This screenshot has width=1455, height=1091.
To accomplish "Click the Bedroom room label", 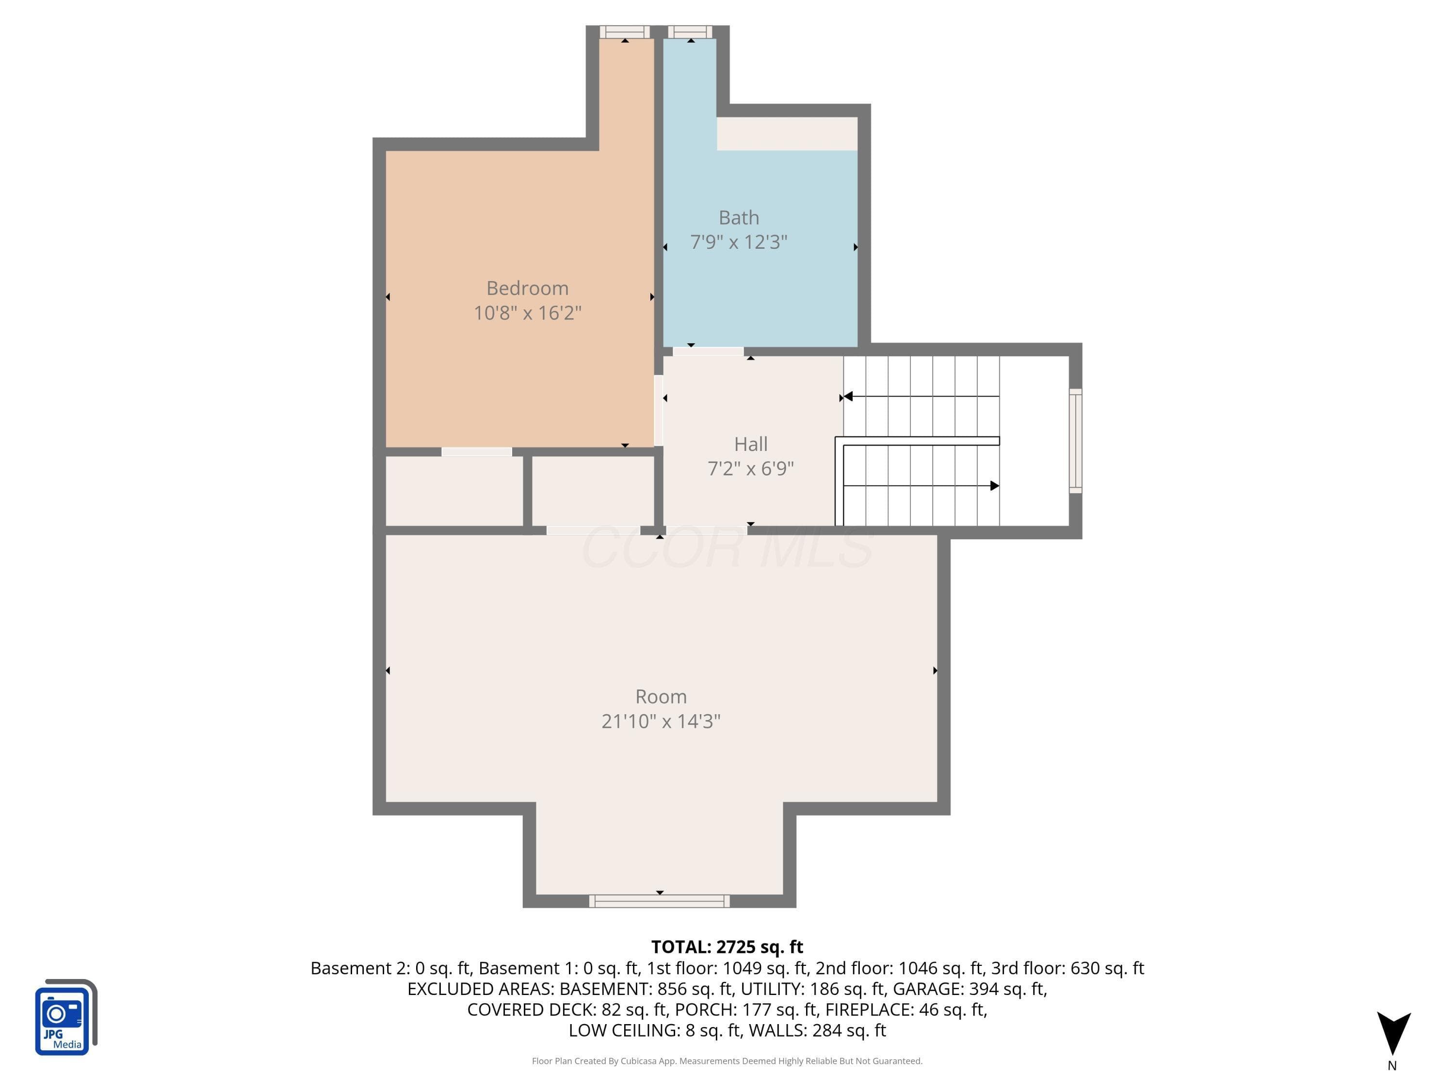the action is [x=528, y=288].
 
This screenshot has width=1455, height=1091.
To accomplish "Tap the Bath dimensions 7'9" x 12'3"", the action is [x=739, y=242].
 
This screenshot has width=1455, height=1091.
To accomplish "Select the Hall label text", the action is [x=750, y=445].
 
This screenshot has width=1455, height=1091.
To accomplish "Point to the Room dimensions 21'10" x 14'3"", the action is [x=661, y=722].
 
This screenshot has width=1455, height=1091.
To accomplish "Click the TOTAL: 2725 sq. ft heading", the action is [x=727, y=947].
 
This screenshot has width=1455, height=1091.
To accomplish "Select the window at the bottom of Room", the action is [x=659, y=901].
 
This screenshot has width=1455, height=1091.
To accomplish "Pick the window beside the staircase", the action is [x=1075, y=441].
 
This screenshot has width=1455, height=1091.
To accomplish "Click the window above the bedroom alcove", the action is [x=625, y=32].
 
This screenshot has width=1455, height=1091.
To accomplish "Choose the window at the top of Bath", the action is [x=690, y=32].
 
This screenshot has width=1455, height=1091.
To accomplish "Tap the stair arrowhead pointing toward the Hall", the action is [x=848, y=397].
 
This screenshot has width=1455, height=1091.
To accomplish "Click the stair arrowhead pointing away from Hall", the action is [x=995, y=486].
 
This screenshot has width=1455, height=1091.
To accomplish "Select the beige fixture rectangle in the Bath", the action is [x=787, y=134].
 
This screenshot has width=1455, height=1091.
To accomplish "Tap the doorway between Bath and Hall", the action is [x=708, y=351].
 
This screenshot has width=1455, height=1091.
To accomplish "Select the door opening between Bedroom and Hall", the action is [x=659, y=410].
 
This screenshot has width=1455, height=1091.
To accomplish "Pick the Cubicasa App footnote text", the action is [x=727, y=1061].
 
